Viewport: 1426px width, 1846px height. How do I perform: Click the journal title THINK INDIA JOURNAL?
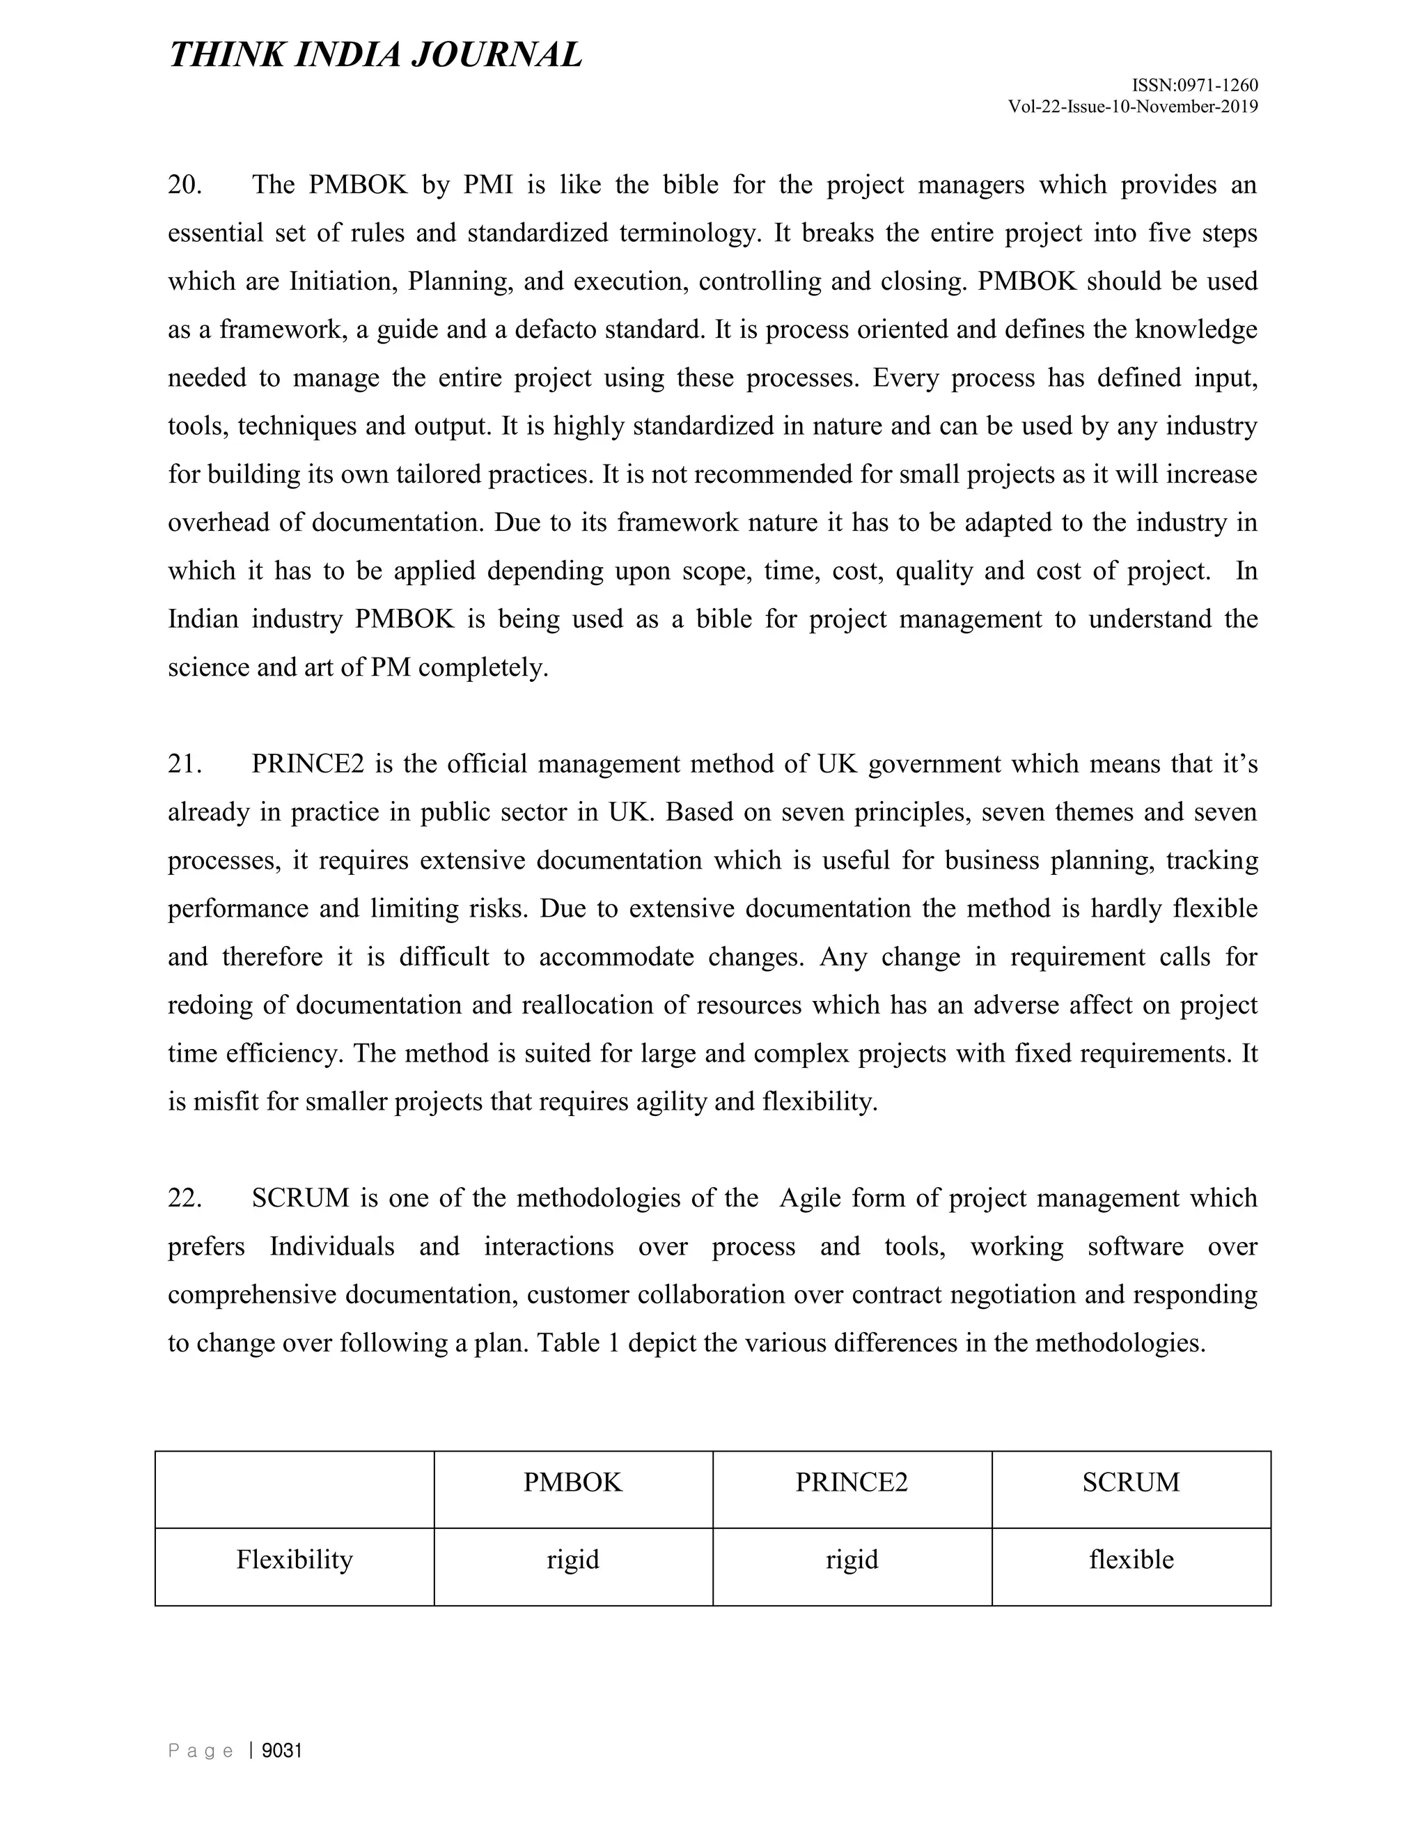375,56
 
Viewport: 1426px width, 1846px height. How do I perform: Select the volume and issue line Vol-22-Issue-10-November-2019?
1133,107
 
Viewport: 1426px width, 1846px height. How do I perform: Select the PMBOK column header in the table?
573,1482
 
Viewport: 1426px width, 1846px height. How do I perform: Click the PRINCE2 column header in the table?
852,1482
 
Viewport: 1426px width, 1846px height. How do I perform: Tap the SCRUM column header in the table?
1130,1482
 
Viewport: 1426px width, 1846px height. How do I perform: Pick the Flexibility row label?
294,1558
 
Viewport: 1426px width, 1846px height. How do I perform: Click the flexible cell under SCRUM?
1130,1558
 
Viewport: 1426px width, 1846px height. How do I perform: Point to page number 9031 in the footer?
282,1751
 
